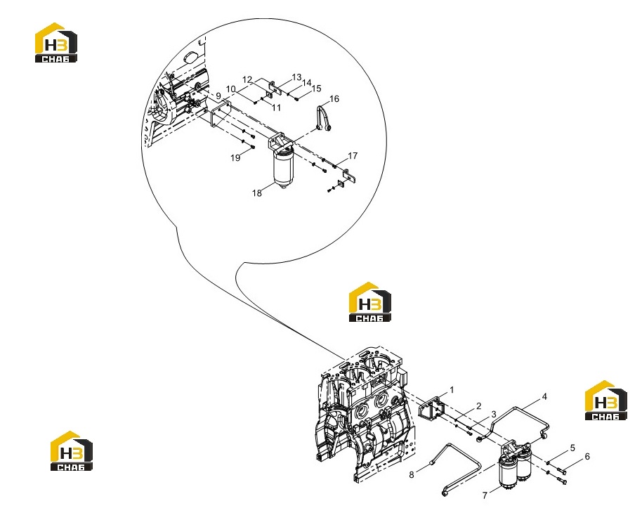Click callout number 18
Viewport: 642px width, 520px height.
[x=256, y=193]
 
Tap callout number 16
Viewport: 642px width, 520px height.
[x=334, y=99]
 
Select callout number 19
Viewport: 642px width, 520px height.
[x=235, y=158]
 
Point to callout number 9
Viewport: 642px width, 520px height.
[x=218, y=96]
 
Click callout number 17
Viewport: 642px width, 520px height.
[x=353, y=156]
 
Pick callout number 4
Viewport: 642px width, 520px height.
[x=544, y=396]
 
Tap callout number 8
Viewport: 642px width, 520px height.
[x=412, y=474]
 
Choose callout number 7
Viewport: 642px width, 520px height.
[x=485, y=495]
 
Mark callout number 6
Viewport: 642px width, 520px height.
[x=587, y=457]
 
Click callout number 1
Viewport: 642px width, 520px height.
[x=452, y=390]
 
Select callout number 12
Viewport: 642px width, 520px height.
[x=247, y=79]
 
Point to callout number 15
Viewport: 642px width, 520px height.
[x=316, y=89]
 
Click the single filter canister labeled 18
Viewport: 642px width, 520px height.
[x=283, y=168]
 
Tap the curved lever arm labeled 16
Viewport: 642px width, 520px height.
[x=323, y=119]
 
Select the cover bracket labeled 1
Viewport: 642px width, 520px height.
[x=431, y=411]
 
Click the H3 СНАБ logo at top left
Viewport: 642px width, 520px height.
[x=56, y=43]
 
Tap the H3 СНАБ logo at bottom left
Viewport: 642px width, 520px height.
[x=72, y=450]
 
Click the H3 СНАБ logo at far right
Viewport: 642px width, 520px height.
[x=606, y=401]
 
